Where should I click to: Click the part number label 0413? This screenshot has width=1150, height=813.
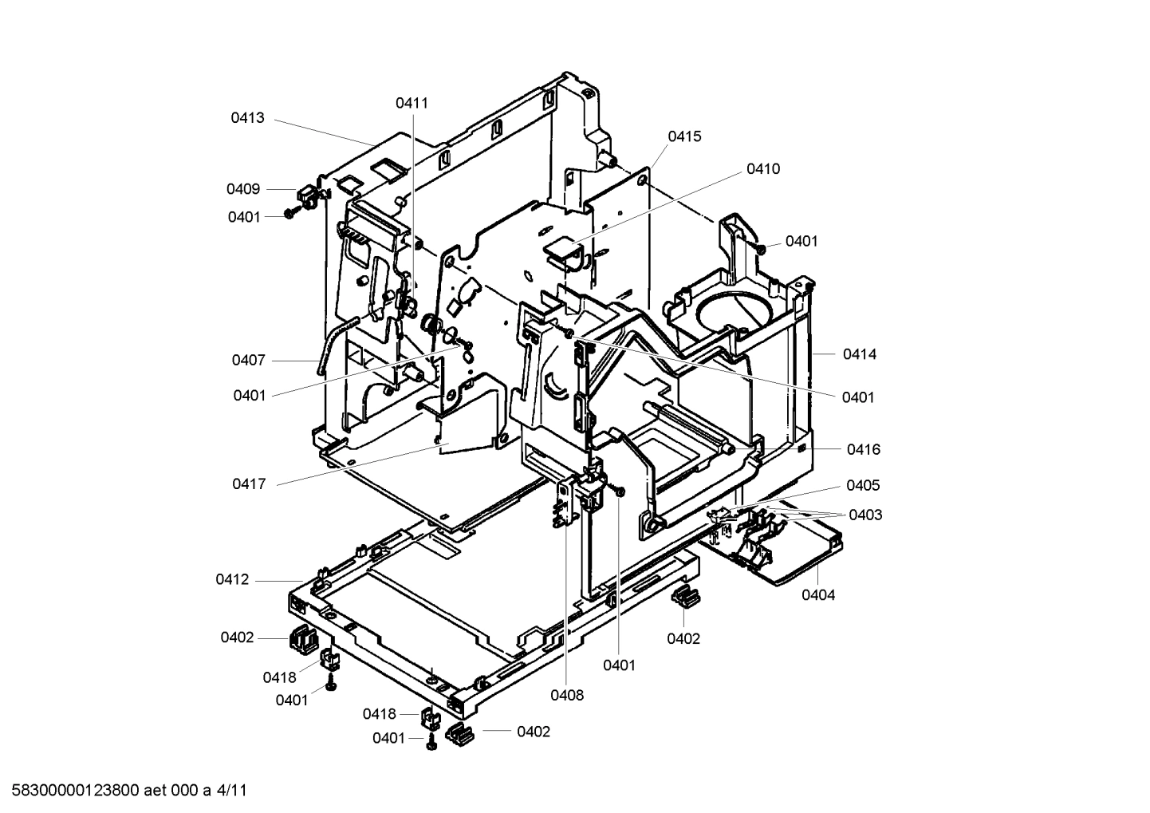click(247, 118)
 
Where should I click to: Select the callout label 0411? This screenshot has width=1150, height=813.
click(412, 103)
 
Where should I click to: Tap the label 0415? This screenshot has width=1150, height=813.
click(684, 136)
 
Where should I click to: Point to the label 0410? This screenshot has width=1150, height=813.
click(763, 169)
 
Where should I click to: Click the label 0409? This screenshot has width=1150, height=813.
click(243, 189)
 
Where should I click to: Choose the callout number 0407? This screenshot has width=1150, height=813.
click(249, 361)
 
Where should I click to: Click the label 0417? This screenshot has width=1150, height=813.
click(249, 484)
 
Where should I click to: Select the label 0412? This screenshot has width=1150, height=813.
click(232, 580)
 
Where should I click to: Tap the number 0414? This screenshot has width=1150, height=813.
click(859, 354)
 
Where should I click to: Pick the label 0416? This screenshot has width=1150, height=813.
click(863, 450)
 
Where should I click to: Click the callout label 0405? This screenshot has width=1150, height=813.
click(863, 486)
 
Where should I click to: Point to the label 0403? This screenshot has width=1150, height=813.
click(865, 515)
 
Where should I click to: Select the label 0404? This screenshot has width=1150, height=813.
click(818, 595)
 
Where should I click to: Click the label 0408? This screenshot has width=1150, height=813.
click(566, 695)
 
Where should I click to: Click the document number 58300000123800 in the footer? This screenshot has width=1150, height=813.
click(76, 791)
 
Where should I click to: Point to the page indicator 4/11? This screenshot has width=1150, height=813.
click(232, 791)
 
